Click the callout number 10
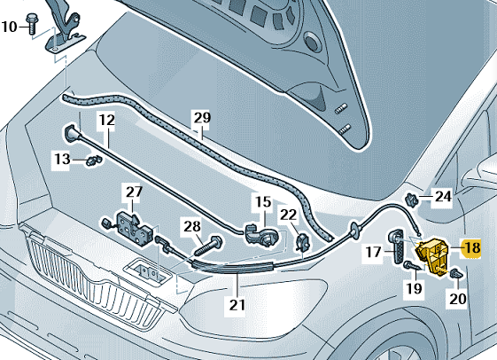click(9, 27)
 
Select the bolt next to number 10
click(31, 24)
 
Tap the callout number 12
click(107, 121)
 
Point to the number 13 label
click(62, 159)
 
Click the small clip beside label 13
click(94, 160)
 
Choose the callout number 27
click(135, 192)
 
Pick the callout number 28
click(192, 226)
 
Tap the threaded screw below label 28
click(207, 247)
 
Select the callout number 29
click(202, 118)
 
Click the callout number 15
click(263, 202)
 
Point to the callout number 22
click(289, 215)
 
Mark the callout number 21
click(237, 305)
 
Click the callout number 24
click(443, 197)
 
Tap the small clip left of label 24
click(412, 200)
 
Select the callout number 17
click(373, 252)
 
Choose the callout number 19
click(415, 288)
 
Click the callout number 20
click(458, 299)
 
